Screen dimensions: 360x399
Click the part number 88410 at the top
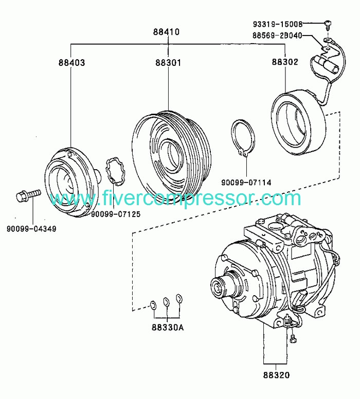pyautogui.click(x=166, y=32)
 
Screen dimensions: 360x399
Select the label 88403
pyautogui.click(x=71, y=62)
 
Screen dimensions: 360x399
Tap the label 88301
pyautogui.click(x=168, y=62)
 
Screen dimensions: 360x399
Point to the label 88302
pyautogui.click(x=284, y=62)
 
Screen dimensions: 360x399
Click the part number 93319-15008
pyautogui.click(x=278, y=24)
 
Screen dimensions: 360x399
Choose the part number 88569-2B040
pyautogui.click(x=277, y=35)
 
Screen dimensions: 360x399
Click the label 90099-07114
pyautogui.click(x=246, y=183)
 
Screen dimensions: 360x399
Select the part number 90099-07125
pyautogui.click(x=116, y=214)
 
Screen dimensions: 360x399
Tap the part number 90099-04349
pyautogui.click(x=31, y=228)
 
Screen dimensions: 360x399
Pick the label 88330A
pyautogui.click(x=168, y=327)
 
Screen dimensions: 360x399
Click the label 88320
pyautogui.click(x=277, y=375)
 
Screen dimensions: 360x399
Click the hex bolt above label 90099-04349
pyautogui.click(x=28, y=195)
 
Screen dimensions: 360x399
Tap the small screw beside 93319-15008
pyautogui.click(x=328, y=25)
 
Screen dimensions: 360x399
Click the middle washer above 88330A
pyautogui.click(x=166, y=301)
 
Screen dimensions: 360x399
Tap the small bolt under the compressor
pyautogui.click(x=293, y=339)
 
